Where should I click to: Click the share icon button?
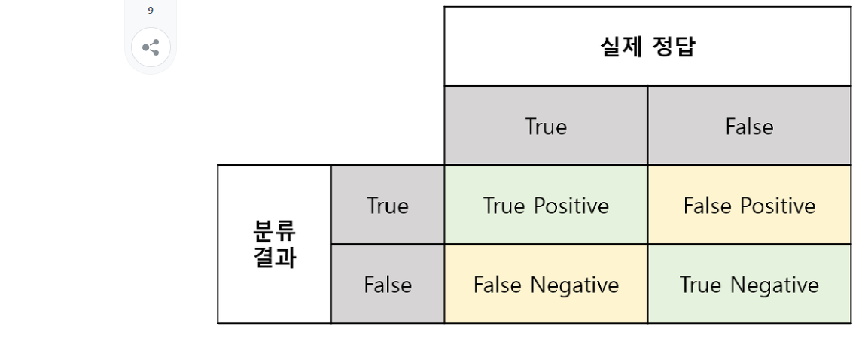[x=151, y=47]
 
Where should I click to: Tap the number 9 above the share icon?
[x=151, y=11]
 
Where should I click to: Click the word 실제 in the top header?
[x=617, y=47]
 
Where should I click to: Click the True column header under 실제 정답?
[x=546, y=127]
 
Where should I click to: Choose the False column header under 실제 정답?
[x=749, y=127]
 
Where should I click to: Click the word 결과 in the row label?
[x=275, y=257]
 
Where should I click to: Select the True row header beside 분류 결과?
[x=387, y=206]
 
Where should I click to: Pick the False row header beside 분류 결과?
[x=388, y=285]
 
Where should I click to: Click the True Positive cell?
[x=546, y=206]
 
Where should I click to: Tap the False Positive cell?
[x=749, y=206]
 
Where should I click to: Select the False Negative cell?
[x=546, y=285]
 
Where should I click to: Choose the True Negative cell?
[x=749, y=285]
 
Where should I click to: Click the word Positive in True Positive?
[x=568, y=206]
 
